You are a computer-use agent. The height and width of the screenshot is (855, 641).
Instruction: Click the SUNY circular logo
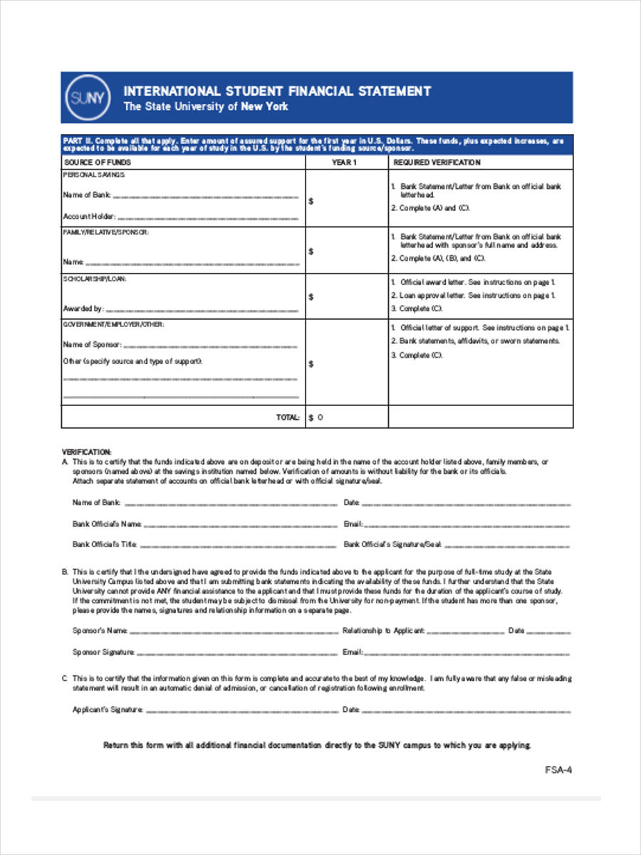pyautogui.click(x=88, y=98)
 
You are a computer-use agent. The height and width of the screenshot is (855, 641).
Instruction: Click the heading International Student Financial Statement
pyautogui.click(x=277, y=91)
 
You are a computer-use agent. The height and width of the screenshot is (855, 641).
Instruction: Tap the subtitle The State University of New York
pyautogui.click(x=206, y=107)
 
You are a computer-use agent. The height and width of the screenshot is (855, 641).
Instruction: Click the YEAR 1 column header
pyautogui.click(x=344, y=162)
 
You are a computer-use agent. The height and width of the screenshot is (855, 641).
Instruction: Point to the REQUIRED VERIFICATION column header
pyautogui.click(x=437, y=162)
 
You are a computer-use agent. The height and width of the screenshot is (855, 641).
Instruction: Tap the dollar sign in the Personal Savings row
pyautogui.click(x=311, y=202)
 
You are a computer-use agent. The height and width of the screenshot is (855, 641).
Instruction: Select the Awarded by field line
pyautogui.click(x=202, y=310)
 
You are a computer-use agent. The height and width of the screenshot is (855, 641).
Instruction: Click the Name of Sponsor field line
pyautogui.click(x=210, y=345)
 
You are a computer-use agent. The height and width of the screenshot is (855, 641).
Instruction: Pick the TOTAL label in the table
pyautogui.click(x=288, y=418)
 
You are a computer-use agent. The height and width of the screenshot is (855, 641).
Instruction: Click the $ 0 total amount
pyautogui.click(x=316, y=418)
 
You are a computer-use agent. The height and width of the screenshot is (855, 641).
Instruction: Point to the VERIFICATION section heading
pyautogui.click(x=87, y=452)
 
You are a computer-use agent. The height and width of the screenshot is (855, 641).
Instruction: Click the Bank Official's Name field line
pyautogui.click(x=240, y=525)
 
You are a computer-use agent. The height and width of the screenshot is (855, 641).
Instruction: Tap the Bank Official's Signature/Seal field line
pyautogui.click(x=507, y=546)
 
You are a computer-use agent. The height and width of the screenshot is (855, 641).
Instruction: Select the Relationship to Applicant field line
pyautogui.click(x=465, y=631)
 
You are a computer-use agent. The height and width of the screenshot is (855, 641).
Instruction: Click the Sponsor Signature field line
pyautogui.click(x=236, y=653)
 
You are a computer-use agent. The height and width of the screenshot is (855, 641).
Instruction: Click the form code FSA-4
pyautogui.click(x=558, y=769)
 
